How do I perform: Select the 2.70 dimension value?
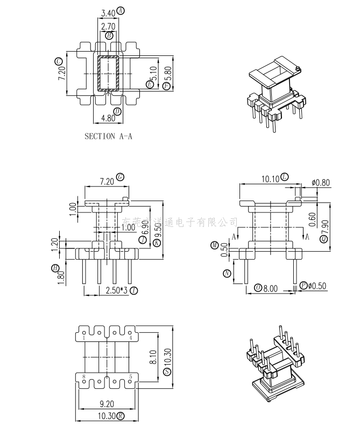(108, 26)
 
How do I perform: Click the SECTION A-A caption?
(108, 137)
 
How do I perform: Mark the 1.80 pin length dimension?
(61, 276)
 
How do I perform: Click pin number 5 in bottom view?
(131, 376)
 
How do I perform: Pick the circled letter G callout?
(121, 177)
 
